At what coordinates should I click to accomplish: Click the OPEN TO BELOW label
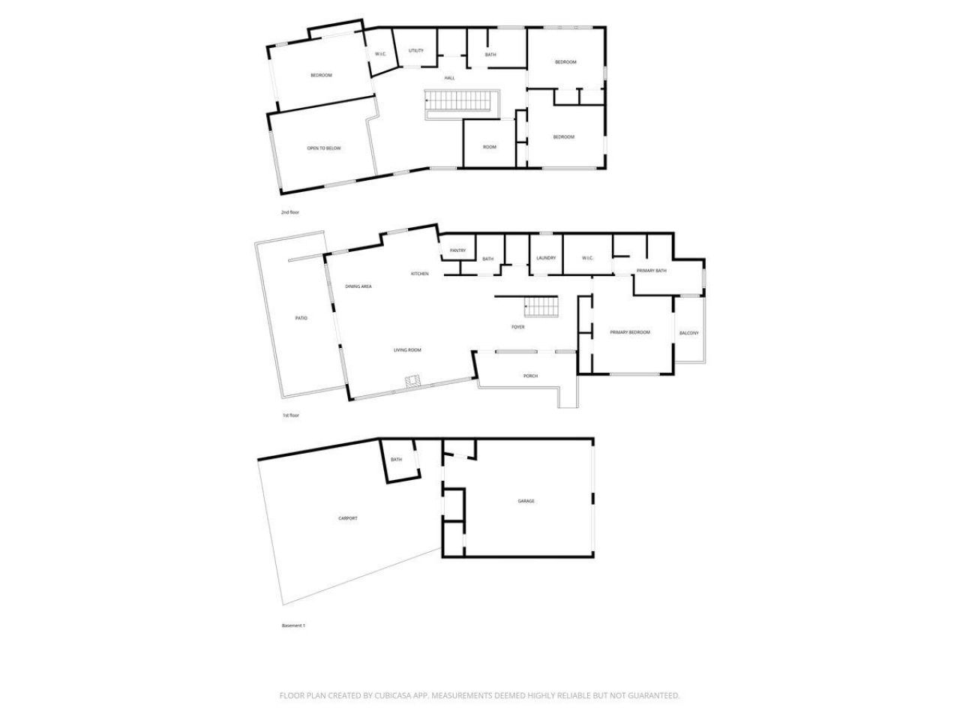(x=323, y=148)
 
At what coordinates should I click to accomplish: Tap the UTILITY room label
(x=416, y=51)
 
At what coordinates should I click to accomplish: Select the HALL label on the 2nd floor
(x=449, y=78)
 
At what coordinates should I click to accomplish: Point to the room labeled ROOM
(x=490, y=147)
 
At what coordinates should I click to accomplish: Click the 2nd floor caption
(x=290, y=212)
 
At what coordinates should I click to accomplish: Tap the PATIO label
(x=301, y=318)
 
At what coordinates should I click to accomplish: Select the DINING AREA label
(x=358, y=286)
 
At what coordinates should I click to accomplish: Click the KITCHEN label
(x=420, y=274)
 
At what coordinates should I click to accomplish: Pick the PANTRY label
(x=458, y=250)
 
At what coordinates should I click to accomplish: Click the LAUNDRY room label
(x=546, y=258)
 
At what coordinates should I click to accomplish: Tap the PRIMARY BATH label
(x=651, y=271)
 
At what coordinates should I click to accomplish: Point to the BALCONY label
(x=688, y=333)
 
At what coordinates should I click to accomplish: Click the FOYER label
(x=518, y=327)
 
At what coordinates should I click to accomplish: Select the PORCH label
(x=530, y=376)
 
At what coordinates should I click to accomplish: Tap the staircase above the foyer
(x=541, y=307)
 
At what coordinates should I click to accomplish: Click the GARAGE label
(x=526, y=501)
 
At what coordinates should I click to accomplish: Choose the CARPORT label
(x=347, y=518)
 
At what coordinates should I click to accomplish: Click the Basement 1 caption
(x=293, y=625)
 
